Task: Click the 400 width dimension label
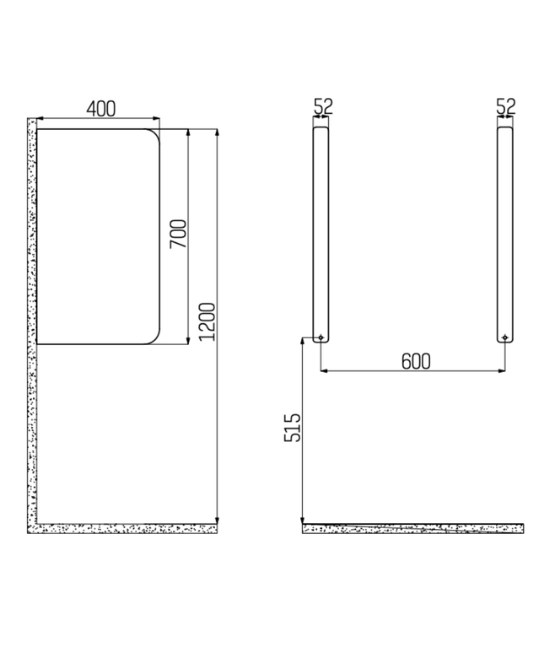(x=100, y=108)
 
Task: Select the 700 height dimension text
(x=177, y=233)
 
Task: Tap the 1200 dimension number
(x=208, y=321)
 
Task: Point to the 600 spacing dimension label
(x=415, y=361)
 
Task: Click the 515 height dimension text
(x=292, y=429)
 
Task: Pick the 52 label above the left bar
(x=322, y=106)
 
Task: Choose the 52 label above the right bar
(x=505, y=106)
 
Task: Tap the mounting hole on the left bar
(x=321, y=338)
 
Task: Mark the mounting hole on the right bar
(x=504, y=338)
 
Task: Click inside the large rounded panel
(x=97, y=236)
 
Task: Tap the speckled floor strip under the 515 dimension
(x=413, y=528)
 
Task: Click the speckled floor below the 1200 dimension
(x=127, y=528)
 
